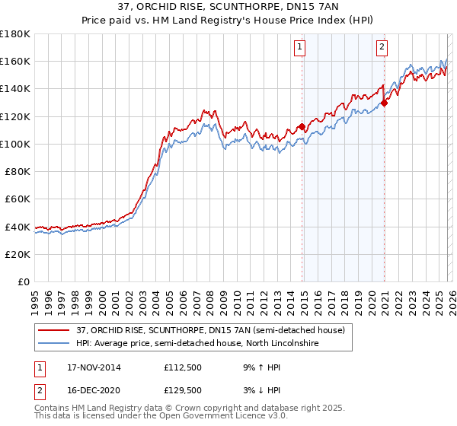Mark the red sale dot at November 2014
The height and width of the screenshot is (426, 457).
[x=302, y=126]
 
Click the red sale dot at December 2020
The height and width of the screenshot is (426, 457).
[x=385, y=103]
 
